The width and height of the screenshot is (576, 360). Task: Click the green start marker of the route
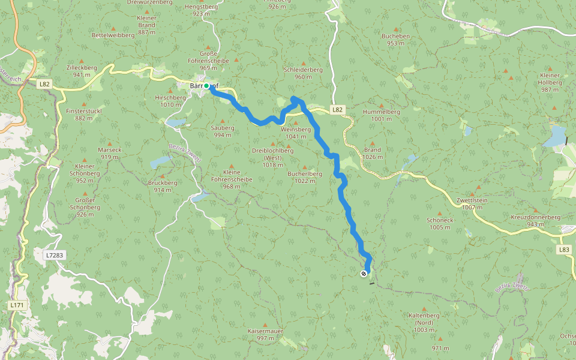(x=206, y=86)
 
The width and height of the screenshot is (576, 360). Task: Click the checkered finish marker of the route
(x=364, y=274)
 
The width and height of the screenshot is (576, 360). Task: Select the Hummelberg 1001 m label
(x=381, y=115)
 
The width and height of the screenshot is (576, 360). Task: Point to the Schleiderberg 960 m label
(x=303, y=73)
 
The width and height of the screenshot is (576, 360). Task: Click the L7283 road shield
(x=54, y=255)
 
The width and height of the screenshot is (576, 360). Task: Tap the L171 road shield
(x=17, y=305)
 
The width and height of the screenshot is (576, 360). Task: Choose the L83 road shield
(x=563, y=249)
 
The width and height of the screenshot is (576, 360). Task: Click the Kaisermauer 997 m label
(x=265, y=334)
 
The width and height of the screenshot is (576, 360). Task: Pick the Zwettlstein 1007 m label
(x=472, y=203)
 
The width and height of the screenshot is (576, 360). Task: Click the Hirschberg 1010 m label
(x=170, y=101)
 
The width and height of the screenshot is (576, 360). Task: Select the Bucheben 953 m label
(x=395, y=40)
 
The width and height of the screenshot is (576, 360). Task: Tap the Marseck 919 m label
(x=110, y=153)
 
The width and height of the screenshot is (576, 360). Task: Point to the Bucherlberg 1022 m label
(x=305, y=177)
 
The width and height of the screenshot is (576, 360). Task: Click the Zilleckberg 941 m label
(x=82, y=71)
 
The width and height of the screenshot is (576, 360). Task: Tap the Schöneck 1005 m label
(x=440, y=223)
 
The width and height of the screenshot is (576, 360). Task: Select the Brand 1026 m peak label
(x=372, y=154)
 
